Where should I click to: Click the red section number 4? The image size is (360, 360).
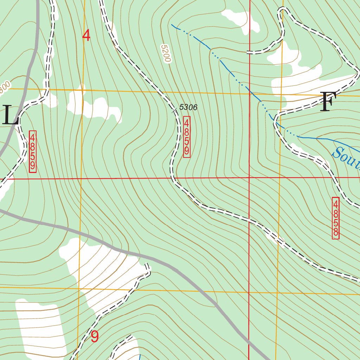pos(86,36)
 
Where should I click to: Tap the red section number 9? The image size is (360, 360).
pos(95,336)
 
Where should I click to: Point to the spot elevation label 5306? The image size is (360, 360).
pos(188,107)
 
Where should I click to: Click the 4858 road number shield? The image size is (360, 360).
pos(336,218)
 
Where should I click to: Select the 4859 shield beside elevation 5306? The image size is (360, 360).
pos(187,137)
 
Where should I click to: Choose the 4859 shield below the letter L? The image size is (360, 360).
pos(32,152)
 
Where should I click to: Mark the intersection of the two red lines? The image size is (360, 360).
pos(249,178)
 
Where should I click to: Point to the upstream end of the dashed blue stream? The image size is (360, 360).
pos(172,25)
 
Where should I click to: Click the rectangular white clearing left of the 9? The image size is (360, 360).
pos(40,327)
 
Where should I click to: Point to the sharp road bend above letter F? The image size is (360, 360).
pos(358,74)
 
